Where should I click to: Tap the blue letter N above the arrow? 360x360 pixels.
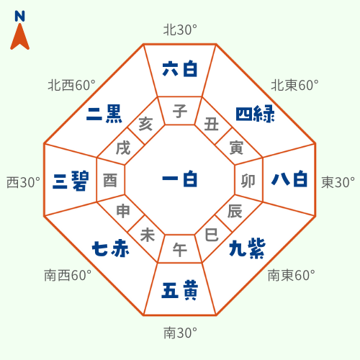[19, 16]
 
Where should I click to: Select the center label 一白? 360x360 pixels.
[180, 179]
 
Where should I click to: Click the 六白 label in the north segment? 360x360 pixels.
[180, 69]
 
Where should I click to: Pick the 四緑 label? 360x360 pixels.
[255, 114]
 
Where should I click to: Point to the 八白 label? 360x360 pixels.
[289, 179]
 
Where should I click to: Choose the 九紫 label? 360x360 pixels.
[247, 248]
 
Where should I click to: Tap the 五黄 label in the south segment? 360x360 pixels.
[180, 290]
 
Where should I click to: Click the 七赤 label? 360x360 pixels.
[111, 248]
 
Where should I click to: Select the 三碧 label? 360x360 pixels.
[71, 181]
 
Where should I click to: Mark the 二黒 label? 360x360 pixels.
[104, 114]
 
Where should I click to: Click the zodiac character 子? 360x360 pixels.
[180, 111]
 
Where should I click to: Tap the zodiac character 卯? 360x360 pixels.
[248, 181]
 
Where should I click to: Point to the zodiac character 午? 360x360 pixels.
[180, 250]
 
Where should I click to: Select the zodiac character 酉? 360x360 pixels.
[110, 180]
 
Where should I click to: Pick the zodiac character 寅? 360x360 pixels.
[236, 148]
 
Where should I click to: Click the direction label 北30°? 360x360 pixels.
[180, 30]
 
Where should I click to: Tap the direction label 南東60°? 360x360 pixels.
[292, 275]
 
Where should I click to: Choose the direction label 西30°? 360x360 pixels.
[23, 182]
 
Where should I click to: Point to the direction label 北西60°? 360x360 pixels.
[72, 85]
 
